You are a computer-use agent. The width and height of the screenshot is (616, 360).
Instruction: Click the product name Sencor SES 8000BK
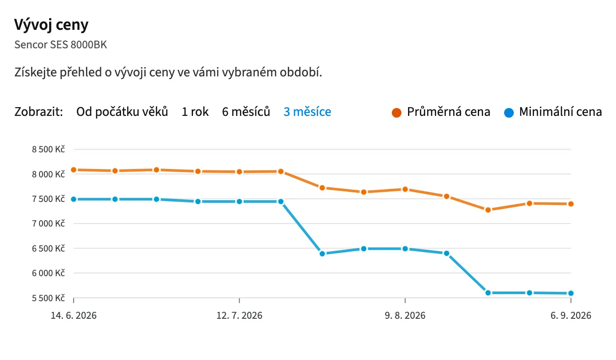pos(61,45)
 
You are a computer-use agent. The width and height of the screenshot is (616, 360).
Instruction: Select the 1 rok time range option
pos(195,112)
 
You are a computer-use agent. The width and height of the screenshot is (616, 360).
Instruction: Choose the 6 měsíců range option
pos(246,112)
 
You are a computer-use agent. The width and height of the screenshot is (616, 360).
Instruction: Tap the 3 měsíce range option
pos(307,112)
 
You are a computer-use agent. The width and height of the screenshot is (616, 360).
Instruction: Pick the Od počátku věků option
pos(122,112)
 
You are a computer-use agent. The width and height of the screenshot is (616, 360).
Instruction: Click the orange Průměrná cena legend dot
pos(397,112)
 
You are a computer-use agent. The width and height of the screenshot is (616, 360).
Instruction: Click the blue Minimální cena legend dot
pos(509,112)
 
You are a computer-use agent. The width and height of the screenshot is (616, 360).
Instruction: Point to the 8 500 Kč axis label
pos(48,149)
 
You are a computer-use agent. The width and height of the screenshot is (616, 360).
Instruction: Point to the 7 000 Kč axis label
pos(48,223)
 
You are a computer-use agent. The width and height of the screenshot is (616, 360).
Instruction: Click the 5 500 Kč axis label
pos(48,298)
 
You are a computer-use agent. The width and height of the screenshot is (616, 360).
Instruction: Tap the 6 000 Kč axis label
pos(48,273)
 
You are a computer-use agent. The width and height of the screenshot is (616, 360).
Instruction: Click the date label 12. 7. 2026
pos(239,315)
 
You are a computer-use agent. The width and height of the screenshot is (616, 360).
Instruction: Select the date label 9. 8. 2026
pos(405,315)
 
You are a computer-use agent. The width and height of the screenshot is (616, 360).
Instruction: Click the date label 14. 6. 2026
pos(74,315)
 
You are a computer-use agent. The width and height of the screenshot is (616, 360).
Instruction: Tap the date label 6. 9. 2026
pos(571,315)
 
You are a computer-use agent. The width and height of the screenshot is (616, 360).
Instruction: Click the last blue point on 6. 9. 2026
pos(571,293)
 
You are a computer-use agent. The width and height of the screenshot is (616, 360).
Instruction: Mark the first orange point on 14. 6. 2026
pos(74,170)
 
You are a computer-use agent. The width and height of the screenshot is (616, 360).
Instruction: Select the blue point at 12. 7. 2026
pos(239,202)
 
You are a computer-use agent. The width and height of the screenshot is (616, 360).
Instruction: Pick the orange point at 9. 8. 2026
pos(405,189)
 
